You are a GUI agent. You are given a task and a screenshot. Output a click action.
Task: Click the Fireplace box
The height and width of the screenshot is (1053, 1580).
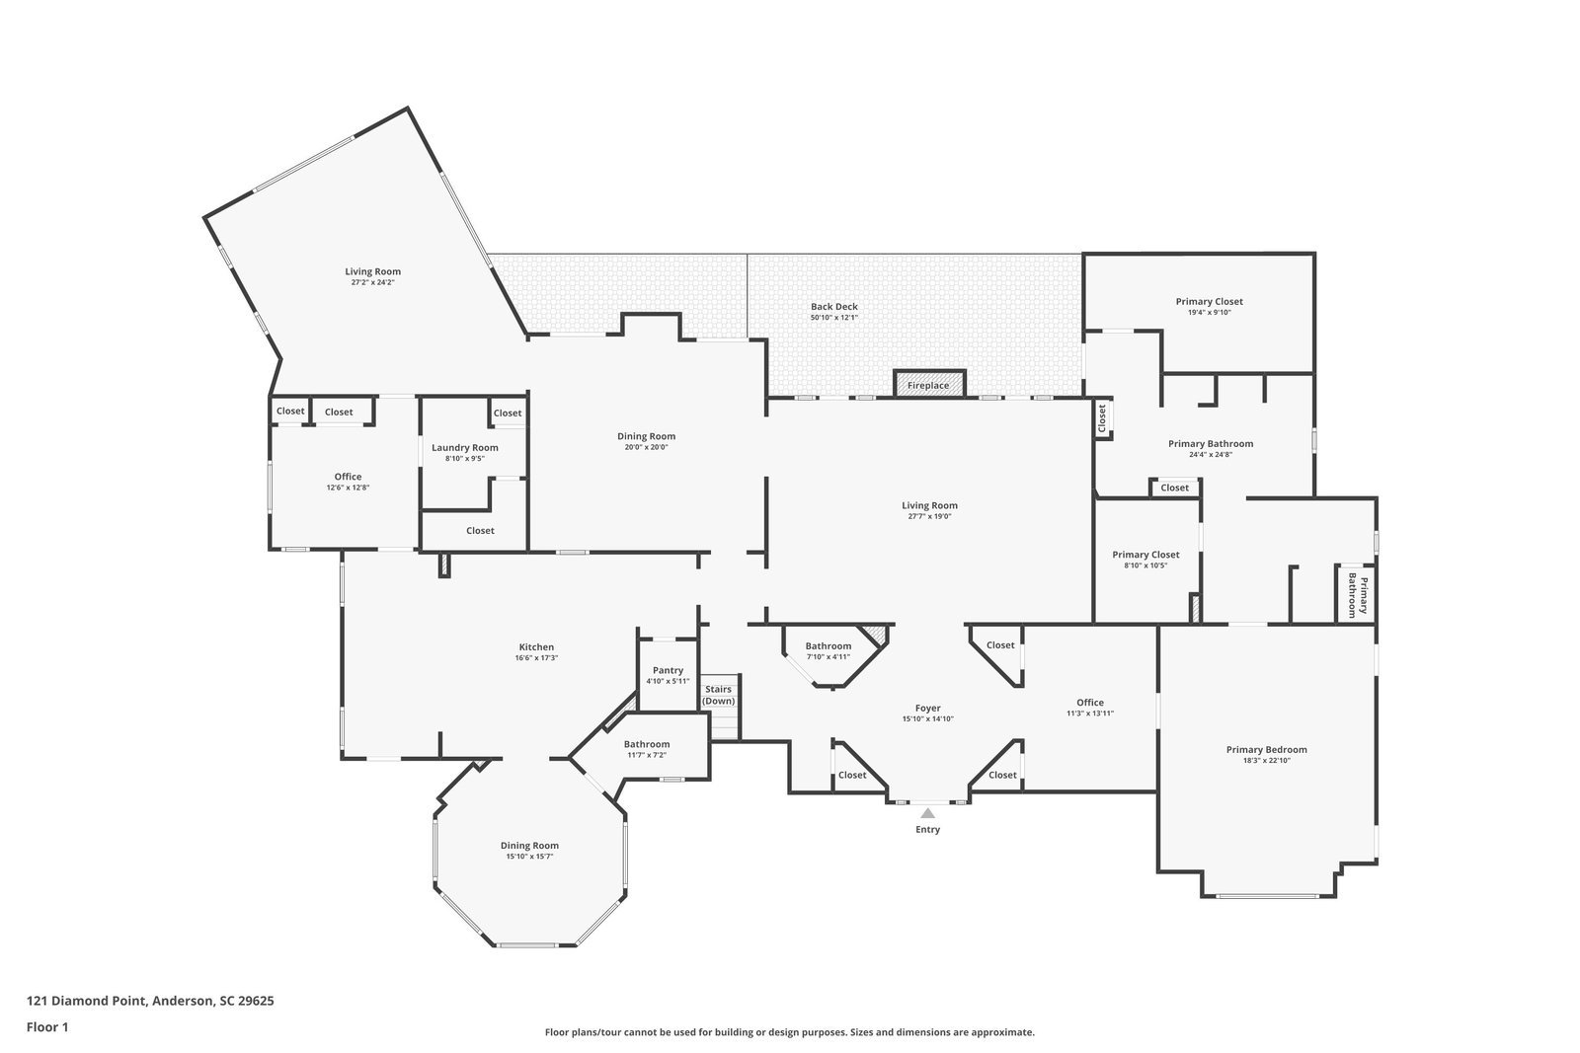pyautogui.click(x=928, y=384)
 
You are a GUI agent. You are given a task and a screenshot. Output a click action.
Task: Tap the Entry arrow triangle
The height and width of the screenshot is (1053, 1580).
pyautogui.click(x=927, y=813)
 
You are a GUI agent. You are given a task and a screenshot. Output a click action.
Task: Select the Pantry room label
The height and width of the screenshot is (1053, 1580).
pyautogui.click(x=668, y=670)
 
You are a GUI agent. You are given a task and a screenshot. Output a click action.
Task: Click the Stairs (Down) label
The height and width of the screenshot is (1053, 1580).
pyautogui.click(x=719, y=695)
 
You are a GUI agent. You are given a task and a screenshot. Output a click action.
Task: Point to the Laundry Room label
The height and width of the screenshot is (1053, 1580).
pyautogui.click(x=465, y=448)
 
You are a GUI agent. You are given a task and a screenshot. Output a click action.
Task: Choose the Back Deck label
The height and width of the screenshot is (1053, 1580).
pyautogui.click(x=834, y=307)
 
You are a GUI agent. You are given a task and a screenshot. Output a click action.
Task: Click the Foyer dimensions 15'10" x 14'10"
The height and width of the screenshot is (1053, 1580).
pyautogui.click(x=928, y=718)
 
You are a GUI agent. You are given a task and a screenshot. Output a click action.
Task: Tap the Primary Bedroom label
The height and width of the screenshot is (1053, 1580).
pyautogui.click(x=1267, y=750)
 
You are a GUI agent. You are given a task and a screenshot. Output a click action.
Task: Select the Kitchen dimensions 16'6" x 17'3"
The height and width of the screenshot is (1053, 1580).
pyautogui.click(x=537, y=657)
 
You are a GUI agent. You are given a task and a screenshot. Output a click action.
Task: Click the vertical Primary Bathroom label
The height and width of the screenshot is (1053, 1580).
pyautogui.click(x=1358, y=595)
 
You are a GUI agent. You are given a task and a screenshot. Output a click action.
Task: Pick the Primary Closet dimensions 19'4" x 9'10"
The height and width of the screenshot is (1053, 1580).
pyautogui.click(x=1210, y=312)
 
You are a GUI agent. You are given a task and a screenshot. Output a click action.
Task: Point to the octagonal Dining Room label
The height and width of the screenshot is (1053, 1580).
pyautogui.click(x=529, y=846)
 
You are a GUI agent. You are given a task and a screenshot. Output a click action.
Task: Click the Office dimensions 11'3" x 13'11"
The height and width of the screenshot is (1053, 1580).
pyautogui.click(x=1090, y=714)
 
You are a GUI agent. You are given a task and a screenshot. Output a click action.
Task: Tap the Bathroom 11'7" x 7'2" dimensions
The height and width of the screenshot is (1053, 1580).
pyautogui.click(x=647, y=755)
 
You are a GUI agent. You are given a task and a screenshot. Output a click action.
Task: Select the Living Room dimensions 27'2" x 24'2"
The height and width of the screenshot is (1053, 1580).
pyautogui.click(x=373, y=282)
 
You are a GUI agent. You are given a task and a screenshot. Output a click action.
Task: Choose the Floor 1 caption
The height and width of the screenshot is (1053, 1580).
pyautogui.click(x=47, y=1027)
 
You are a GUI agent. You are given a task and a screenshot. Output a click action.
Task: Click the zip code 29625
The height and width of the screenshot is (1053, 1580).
pyautogui.click(x=256, y=1001)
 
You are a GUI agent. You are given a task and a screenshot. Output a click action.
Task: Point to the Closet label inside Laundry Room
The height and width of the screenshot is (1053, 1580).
pyautogui.click(x=508, y=414)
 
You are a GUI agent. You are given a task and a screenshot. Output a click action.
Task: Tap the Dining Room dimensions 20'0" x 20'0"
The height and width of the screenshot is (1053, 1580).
pyautogui.click(x=646, y=447)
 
